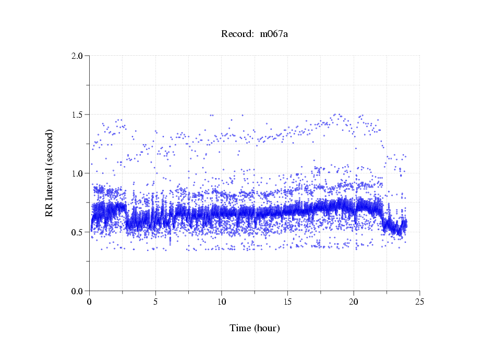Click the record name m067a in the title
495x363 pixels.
pos(274,34)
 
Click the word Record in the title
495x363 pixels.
pos(236,34)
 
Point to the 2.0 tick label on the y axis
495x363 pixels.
pos(78,56)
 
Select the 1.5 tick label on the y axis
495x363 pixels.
pos(78,115)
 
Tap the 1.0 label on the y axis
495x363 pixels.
pos(78,173)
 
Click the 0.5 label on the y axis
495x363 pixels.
pos(78,232)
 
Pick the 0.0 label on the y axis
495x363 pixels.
pos(78,291)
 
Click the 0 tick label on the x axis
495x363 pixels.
pos(90,301)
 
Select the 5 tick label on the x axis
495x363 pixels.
pos(155,301)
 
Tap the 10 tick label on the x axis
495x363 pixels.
pos(222,301)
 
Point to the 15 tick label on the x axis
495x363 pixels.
pos(287,301)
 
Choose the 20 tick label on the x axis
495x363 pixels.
pos(354,301)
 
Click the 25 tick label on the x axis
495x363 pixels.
pos(419,301)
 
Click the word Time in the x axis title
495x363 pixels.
pos(240,329)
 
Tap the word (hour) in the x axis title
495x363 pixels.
pos(267,329)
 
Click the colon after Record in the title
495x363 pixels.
pos(252,35)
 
